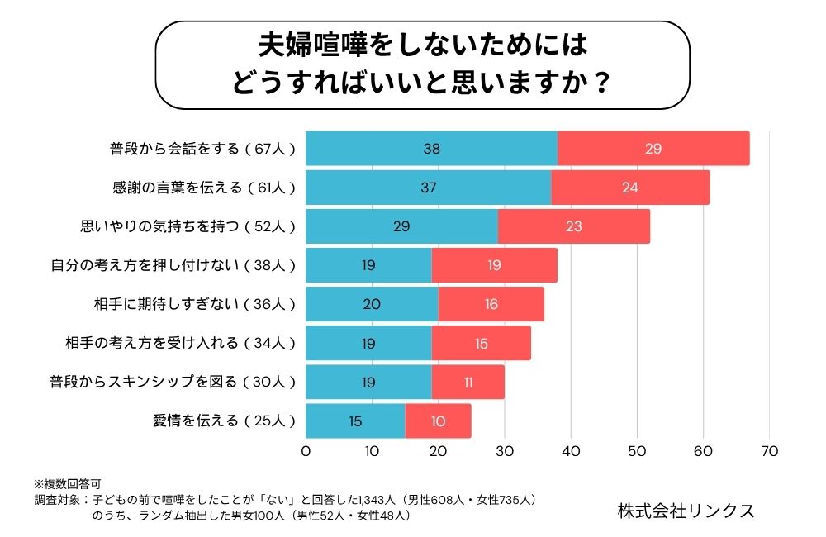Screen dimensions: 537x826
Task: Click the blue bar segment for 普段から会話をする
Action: click(432, 149)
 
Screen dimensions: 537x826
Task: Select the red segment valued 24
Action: click(630, 188)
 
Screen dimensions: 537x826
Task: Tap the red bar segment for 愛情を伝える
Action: click(438, 421)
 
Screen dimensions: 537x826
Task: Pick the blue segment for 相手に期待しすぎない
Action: click(372, 304)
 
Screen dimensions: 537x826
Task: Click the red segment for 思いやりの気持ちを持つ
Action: click(574, 226)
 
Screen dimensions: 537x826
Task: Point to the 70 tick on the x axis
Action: click(769, 452)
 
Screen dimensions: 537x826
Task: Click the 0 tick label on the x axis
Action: click(306, 452)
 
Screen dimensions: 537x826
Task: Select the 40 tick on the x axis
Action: click(571, 452)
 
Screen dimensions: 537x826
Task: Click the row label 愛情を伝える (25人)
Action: click(224, 421)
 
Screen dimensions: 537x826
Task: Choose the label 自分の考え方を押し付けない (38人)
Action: click(173, 265)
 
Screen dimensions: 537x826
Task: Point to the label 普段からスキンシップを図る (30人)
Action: click(173, 382)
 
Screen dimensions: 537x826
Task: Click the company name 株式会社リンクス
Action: click(686, 510)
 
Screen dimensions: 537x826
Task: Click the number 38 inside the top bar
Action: click(432, 150)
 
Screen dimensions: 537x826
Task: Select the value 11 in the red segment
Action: click(468, 383)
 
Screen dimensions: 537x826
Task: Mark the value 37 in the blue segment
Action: click(428, 188)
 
